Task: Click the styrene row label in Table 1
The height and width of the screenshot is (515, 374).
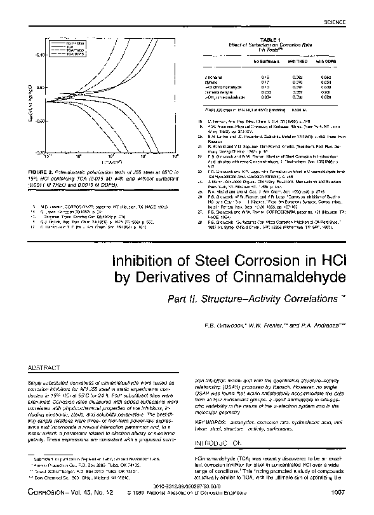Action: click(x=213, y=81)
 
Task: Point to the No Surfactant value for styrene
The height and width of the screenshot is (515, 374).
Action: click(x=265, y=81)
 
